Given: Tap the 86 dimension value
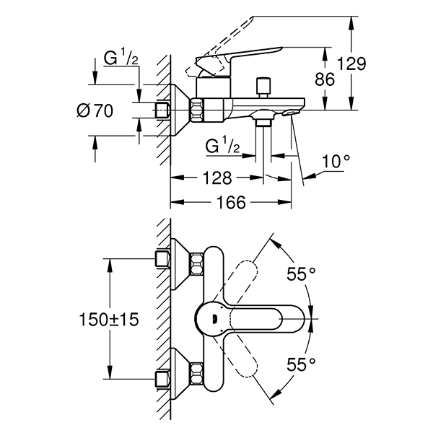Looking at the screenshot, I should [x=325, y=79].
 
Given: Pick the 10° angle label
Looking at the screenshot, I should [x=336, y=160].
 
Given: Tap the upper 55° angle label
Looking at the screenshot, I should [x=302, y=274].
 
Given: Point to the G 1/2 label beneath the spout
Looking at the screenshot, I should [x=223, y=146].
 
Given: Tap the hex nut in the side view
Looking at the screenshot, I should [x=198, y=110].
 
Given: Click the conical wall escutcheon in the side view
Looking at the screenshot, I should [x=180, y=110].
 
